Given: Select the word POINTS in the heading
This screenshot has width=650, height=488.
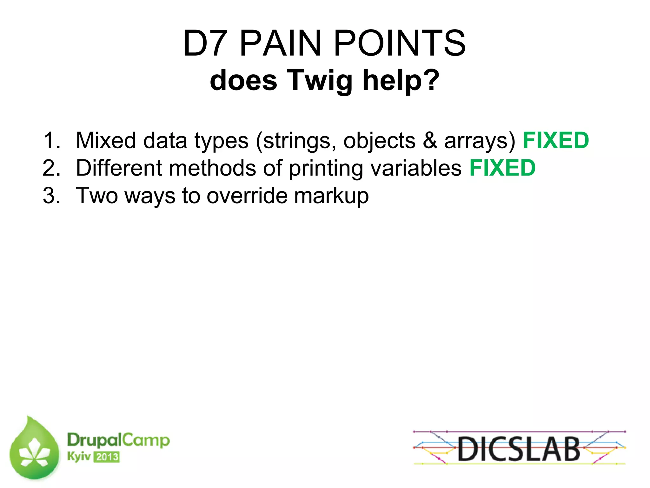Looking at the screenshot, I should click(400, 43).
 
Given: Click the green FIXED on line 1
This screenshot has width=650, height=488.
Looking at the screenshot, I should click(556, 140).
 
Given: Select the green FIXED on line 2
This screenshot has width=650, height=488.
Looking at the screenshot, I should click(502, 168).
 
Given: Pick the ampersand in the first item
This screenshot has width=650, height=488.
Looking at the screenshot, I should click(430, 140).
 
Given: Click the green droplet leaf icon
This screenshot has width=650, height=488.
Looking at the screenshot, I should click(34, 449).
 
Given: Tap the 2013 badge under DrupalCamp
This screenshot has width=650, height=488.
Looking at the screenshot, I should click(107, 457).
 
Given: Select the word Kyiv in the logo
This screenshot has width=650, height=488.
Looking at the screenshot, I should click(79, 457).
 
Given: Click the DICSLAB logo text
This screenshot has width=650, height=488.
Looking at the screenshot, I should click(519, 449).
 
